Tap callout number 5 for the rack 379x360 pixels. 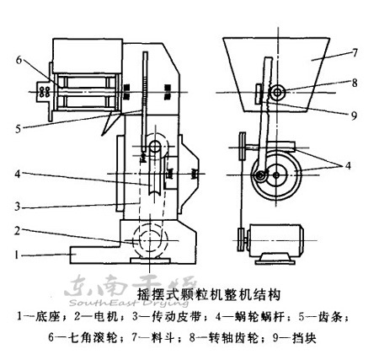tap(17, 128)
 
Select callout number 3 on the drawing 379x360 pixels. tap(17, 205)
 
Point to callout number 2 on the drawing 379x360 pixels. tap(17, 230)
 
